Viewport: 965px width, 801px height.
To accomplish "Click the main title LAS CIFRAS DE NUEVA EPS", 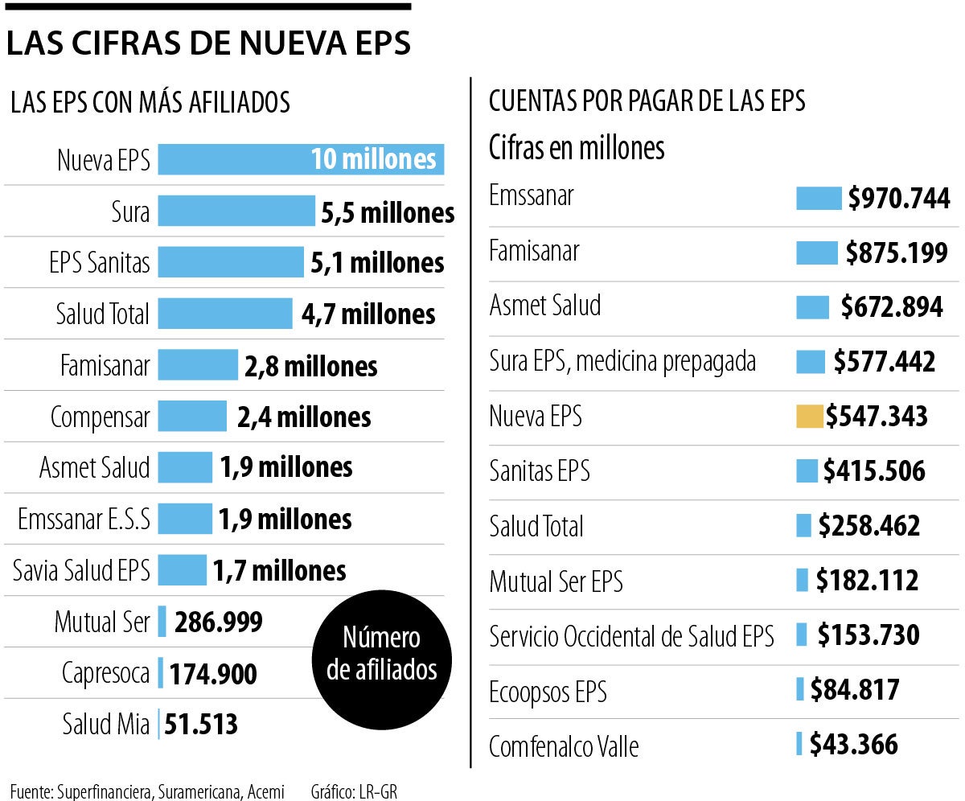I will point(207,44).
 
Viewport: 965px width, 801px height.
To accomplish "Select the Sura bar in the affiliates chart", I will point(236,211).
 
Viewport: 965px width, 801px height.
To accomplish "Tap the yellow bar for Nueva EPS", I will point(809,417).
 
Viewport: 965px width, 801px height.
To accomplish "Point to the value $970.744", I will point(898,198).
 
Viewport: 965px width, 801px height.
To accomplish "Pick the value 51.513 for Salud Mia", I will point(201,725).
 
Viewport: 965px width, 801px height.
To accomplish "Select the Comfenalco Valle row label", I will point(564,746).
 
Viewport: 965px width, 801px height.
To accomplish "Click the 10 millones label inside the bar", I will point(373,159).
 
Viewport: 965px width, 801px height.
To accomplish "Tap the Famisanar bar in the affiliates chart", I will point(198,365).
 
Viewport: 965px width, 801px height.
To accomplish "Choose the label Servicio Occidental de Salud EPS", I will point(631,637).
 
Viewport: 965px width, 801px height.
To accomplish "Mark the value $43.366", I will point(853,744).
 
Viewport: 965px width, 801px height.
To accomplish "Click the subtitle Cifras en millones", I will point(577,148).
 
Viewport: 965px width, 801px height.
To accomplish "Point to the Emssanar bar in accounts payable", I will point(818,198).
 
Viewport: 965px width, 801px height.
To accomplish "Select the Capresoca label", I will point(105,674).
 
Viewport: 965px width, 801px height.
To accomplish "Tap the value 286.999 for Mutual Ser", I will point(218,622).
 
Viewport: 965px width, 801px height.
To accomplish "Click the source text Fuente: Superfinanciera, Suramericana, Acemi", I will point(147,791).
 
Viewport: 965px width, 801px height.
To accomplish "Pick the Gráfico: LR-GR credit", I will point(354,791).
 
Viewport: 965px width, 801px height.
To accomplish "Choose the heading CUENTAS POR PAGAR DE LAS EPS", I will point(647,101).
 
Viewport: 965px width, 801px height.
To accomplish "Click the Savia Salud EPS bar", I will point(182,570).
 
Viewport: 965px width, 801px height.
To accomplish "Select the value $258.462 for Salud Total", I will point(868,526).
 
